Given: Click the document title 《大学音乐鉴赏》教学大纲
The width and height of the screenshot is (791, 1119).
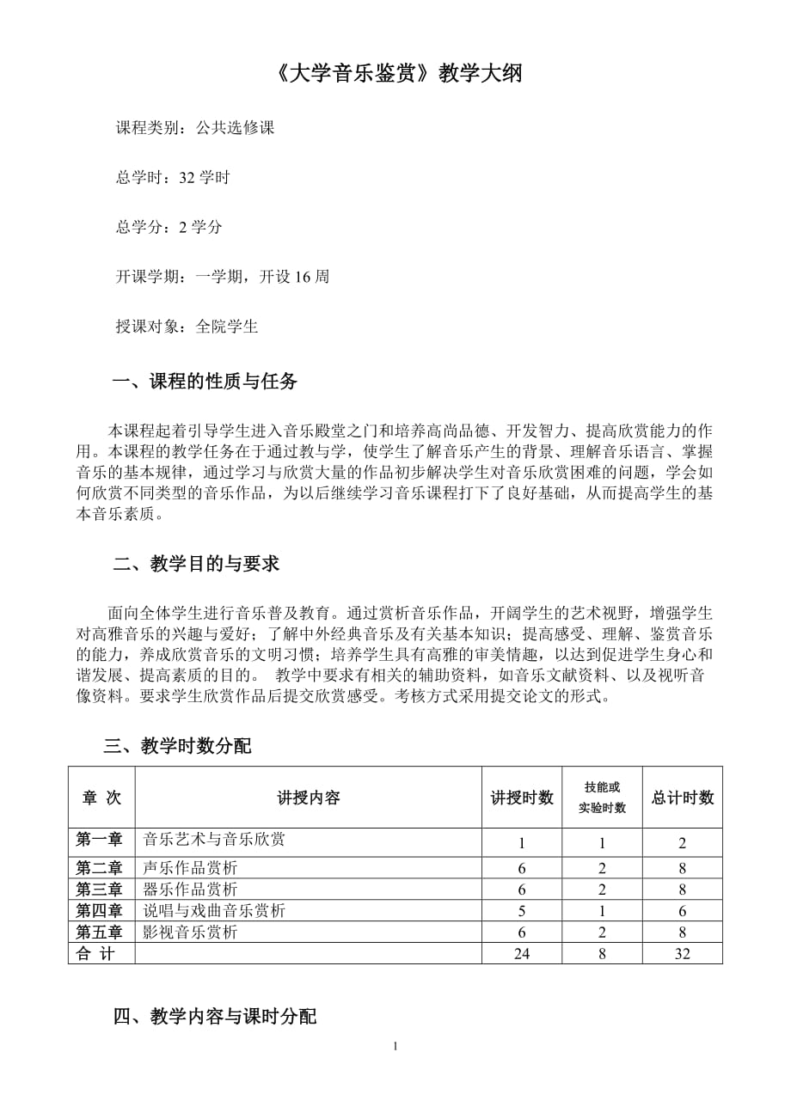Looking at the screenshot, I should (401, 74).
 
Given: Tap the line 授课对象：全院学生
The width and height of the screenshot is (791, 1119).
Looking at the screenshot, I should (187, 327).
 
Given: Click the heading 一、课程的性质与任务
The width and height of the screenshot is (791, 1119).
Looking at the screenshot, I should (205, 382).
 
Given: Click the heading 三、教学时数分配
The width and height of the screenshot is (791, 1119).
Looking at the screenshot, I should (177, 746).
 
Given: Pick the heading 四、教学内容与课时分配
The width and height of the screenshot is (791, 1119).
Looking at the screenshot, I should (215, 1017).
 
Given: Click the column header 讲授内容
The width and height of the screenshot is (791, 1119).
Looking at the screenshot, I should (309, 798).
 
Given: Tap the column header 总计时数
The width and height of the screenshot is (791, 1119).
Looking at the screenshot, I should (683, 798).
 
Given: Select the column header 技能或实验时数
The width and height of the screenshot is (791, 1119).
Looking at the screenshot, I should (602, 798).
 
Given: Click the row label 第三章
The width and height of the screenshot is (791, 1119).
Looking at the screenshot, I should (100, 890).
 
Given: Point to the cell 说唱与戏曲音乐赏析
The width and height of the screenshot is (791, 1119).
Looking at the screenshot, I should (214, 911).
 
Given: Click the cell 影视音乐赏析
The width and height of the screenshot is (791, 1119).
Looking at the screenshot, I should (190, 932).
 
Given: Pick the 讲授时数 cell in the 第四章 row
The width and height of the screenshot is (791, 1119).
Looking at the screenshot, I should (522, 911).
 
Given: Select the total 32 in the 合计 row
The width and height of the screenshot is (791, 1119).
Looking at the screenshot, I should (683, 953).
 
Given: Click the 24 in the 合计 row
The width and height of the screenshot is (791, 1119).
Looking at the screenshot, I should (522, 953).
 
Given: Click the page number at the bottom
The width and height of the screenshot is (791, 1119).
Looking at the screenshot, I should (395, 1046).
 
